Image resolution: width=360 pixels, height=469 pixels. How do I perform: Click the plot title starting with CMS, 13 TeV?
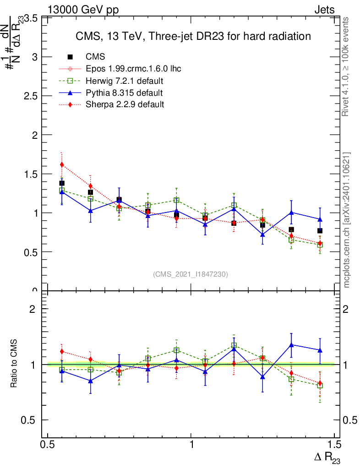193,36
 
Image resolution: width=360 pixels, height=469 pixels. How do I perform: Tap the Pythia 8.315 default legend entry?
124,93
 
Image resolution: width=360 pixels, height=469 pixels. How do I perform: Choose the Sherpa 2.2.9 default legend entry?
125,104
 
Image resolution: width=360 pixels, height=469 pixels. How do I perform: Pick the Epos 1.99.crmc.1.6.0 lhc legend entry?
133,69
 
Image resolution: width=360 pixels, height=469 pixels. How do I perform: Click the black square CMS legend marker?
70,57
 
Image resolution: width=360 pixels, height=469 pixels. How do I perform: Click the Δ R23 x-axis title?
327,457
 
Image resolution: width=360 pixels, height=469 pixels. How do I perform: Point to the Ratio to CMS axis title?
14,364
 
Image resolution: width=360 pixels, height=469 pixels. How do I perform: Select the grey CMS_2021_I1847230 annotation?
191,274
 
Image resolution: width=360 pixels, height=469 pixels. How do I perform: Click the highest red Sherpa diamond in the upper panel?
62,164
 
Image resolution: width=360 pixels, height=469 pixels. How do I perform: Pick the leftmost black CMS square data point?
62,183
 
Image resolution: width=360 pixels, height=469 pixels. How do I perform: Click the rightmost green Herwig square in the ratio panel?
320,386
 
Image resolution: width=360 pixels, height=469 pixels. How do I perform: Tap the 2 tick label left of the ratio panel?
33,309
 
